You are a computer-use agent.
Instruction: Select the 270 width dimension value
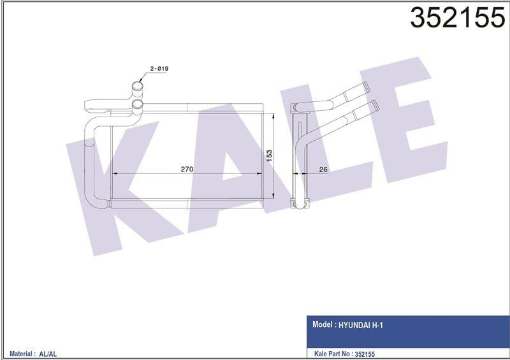[187, 169]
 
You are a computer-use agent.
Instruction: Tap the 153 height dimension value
[269, 155]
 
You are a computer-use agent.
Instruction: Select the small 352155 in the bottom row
[381, 353]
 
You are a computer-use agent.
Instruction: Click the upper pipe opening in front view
[138, 86]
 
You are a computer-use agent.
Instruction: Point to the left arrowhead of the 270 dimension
[115, 173]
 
